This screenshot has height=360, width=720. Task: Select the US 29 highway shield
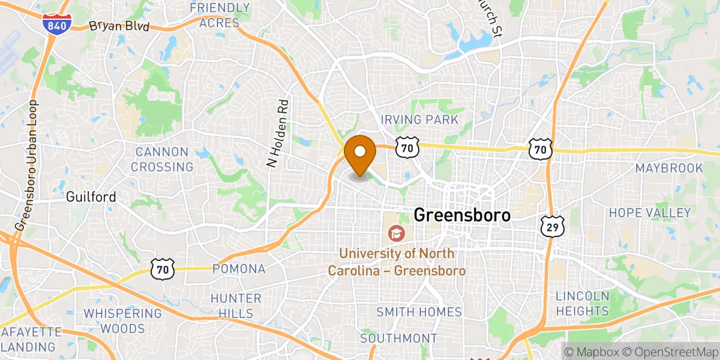tap(550, 226)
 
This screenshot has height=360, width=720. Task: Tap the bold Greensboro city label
tap(462, 215)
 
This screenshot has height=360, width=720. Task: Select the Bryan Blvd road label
tap(119, 26)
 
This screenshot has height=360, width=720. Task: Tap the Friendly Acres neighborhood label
tap(219, 16)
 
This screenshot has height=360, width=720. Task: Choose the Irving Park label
tap(420, 120)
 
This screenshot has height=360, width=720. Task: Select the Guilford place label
tap(91, 196)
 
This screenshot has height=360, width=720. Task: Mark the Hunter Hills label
tap(236, 305)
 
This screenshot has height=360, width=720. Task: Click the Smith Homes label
tap(419, 312)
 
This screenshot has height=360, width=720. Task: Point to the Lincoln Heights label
tap(582, 303)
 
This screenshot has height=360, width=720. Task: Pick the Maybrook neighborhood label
tap(669, 168)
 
